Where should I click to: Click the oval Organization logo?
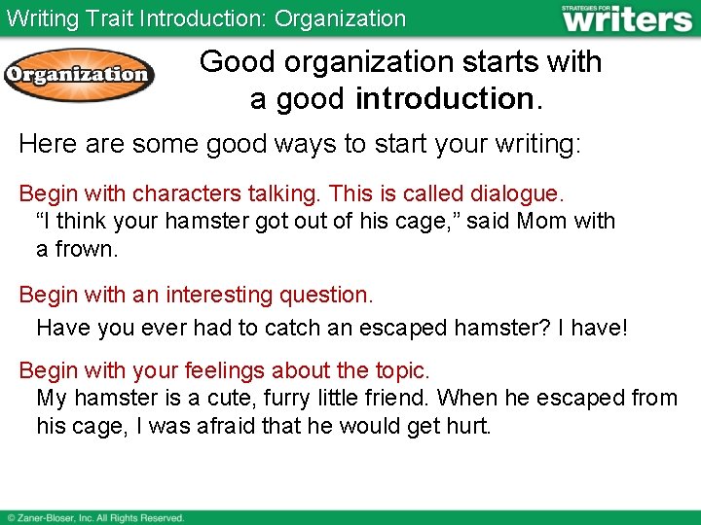(x=79, y=75)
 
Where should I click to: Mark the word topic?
(x=399, y=370)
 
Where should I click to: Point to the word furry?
(x=306, y=398)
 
